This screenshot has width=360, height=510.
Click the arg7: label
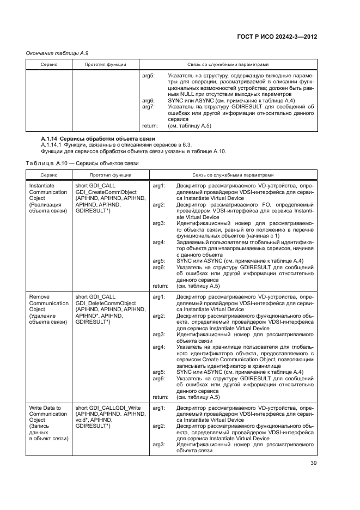coord(148,107)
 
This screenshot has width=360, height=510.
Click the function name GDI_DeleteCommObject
coord(106,303)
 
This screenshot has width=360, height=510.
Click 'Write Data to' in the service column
coord(45,408)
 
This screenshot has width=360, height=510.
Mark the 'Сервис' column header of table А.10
coord(48,175)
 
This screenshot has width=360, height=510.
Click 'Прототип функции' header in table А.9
coord(106,64)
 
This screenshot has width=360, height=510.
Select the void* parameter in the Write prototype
coord(82,421)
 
